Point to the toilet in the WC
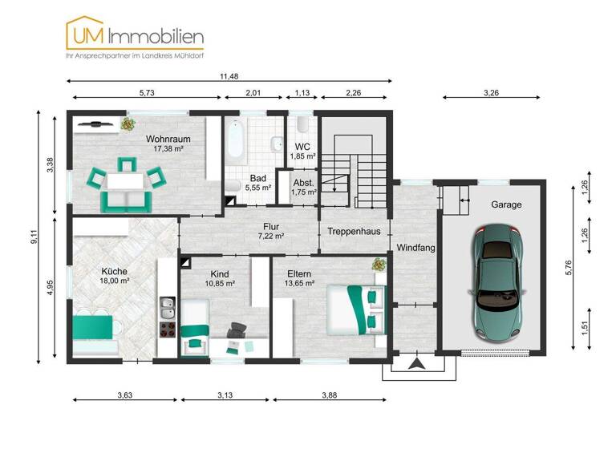(x=302, y=126)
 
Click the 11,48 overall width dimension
(x=230, y=75)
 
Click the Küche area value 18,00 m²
(x=115, y=281)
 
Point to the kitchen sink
(x=168, y=305)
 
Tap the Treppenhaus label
(x=354, y=231)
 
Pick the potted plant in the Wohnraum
(x=128, y=123)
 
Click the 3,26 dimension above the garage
(x=492, y=93)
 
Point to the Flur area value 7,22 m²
(x=271, y=237)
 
